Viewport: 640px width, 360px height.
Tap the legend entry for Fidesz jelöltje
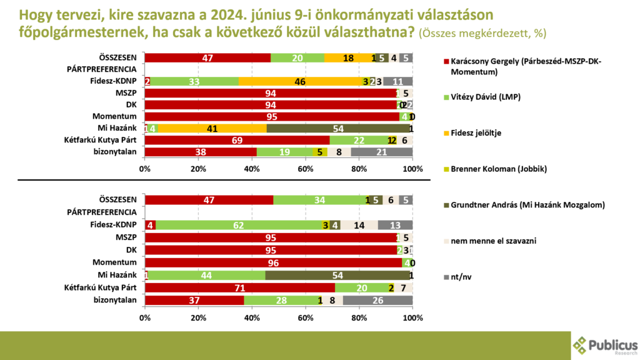(x=473, y=133)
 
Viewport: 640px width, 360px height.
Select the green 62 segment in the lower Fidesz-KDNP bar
(x=238, y=225)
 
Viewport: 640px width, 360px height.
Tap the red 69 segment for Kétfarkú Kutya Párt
(x=237, y=140)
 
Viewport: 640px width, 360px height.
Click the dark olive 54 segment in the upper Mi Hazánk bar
(x=338, y=128)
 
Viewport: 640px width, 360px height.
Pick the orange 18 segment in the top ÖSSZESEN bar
(x=348, y=58)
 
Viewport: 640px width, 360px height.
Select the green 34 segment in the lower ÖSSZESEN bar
(x=319, y=200)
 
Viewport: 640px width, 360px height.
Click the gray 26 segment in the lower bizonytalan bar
(x=377, y=300)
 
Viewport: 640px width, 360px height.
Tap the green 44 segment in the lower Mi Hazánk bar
(x=206, y=276)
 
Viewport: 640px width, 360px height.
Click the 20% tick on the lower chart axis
(x=199, y=317)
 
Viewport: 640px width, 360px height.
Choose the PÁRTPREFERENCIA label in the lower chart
(x=101, y=212)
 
